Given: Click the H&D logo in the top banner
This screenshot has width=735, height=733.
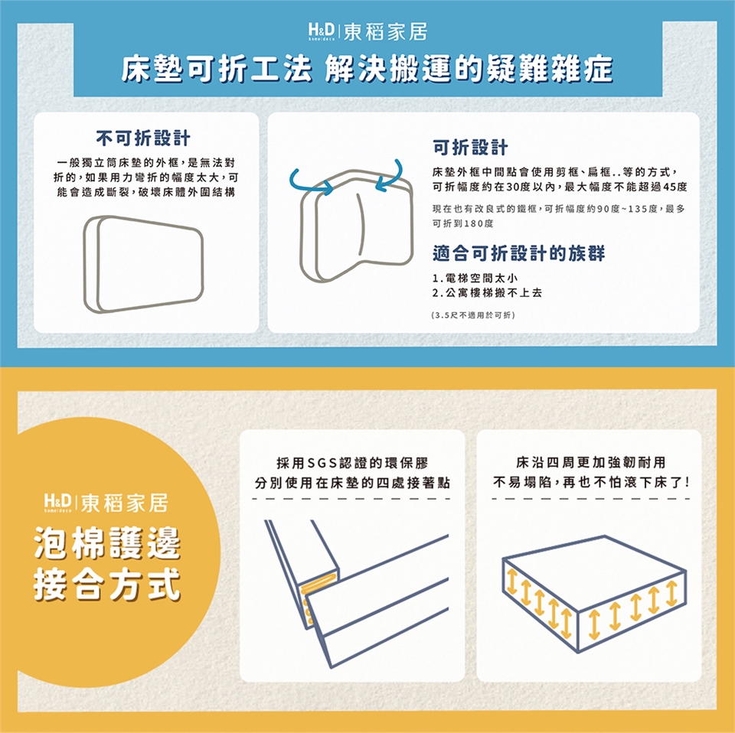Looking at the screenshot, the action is point(321,32).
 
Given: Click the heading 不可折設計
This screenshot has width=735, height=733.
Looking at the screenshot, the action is point(143,138).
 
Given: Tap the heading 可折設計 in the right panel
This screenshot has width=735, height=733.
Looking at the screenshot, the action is point(470,147).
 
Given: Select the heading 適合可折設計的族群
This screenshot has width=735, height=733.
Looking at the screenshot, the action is point(518,253).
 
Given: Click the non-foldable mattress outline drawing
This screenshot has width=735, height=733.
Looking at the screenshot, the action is point(143,264).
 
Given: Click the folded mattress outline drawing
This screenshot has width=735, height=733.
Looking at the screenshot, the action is point(356,226).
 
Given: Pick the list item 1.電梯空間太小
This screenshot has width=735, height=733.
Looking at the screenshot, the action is point(475,279).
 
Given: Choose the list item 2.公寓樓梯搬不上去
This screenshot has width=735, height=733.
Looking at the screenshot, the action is point(487,293).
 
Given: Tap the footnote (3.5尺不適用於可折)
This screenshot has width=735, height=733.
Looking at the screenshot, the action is point(473,315).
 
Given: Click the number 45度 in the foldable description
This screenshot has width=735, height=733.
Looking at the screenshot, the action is point(675,187).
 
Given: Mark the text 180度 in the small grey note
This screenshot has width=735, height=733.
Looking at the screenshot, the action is point(478,223).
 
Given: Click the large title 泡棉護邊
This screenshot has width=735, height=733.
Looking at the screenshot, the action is point(107,543).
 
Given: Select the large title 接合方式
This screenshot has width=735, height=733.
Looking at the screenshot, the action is point(107,584).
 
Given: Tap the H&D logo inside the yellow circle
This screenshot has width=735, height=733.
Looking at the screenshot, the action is point(57,503).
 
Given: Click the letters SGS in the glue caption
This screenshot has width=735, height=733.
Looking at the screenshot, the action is point(322,463).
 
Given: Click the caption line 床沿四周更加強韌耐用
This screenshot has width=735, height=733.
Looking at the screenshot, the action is point(590,463).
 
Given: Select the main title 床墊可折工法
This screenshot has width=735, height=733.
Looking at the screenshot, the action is point(217,70).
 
